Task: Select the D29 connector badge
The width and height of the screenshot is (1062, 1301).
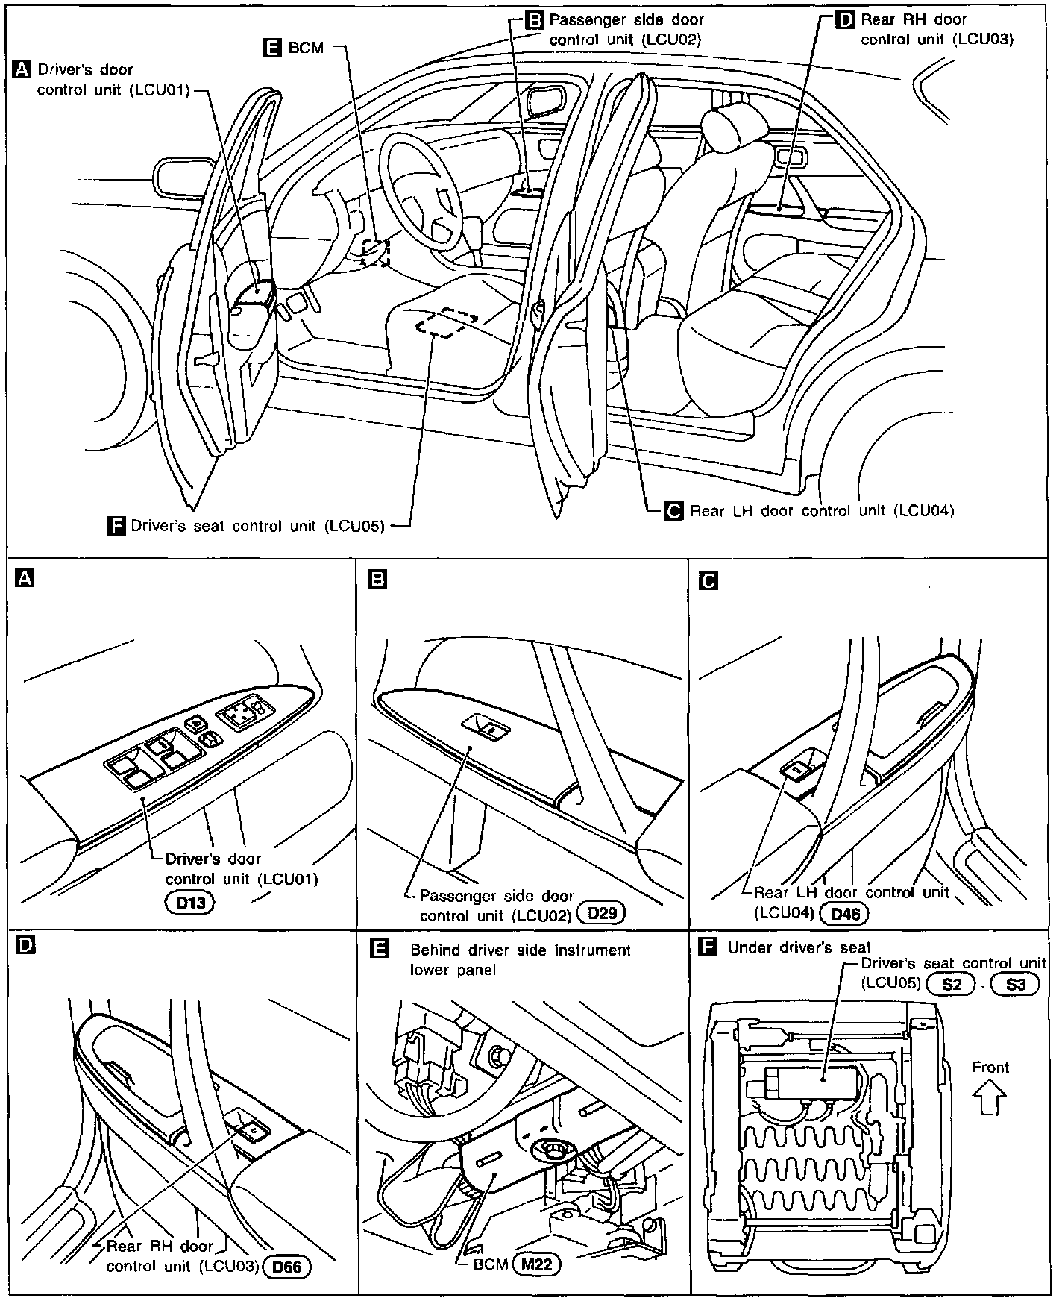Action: point(601,912)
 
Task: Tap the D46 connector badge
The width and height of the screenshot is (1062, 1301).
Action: point(844,912)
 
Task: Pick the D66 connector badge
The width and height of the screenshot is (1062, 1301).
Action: point(287,1267)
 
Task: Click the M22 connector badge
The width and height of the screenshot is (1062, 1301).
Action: point(535,1264)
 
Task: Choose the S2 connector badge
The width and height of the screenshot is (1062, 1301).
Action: point(952,984)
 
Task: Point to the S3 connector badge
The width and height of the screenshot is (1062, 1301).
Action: point(1015,984)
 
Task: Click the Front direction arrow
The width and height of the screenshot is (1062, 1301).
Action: point(990,1098)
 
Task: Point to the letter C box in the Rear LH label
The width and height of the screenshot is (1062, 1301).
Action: point(673,511)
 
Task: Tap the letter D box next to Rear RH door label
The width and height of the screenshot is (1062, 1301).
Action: point(845,20)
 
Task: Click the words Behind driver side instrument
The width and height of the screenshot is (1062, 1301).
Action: point(520,950)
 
